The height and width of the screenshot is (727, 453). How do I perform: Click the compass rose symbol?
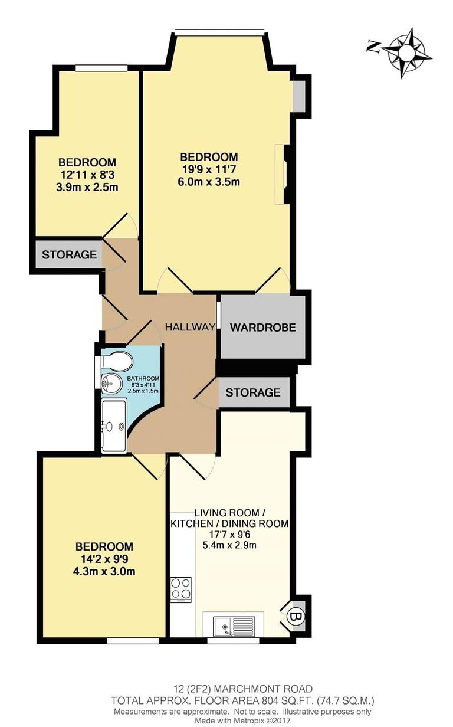[x=406, y=53]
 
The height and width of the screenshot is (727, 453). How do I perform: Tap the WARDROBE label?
[x=262, y=328]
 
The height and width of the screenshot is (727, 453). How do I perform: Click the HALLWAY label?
[x=189, y=327]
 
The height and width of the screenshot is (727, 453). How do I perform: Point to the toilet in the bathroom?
[x=114, y=361]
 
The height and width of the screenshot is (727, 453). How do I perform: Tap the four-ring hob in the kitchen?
[x=180, y=589]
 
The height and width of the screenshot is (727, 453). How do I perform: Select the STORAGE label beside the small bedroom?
[x=69, y=255]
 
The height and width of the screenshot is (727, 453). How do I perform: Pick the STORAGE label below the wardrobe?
[x=253, y=392]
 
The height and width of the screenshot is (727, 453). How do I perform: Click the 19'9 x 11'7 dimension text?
[x=209, y=169]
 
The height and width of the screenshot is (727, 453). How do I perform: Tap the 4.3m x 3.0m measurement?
[x=103, y=572]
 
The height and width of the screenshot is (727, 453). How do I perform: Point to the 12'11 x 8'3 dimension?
[x=87, y=175]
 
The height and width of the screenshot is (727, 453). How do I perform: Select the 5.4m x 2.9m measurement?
[x=229, y=545]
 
